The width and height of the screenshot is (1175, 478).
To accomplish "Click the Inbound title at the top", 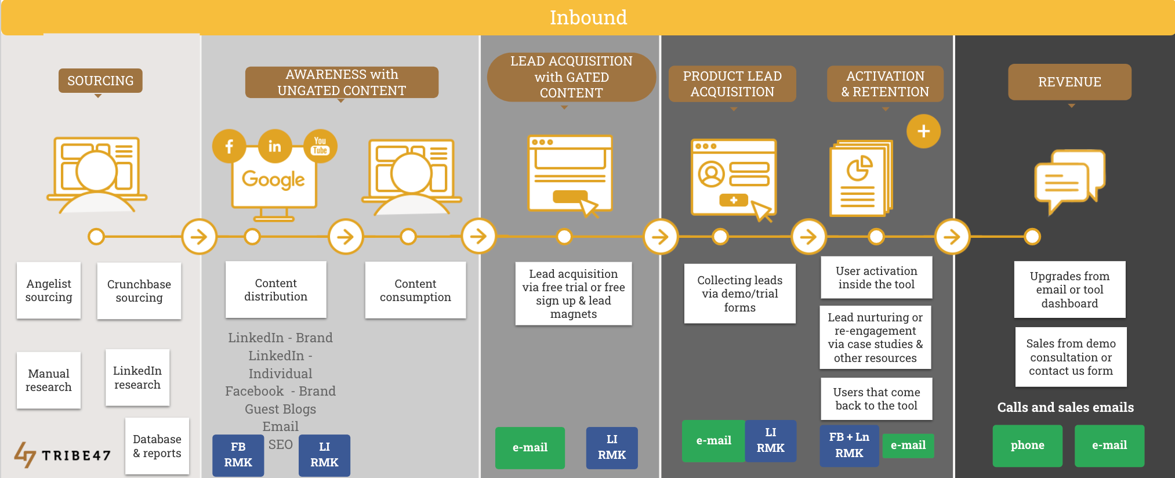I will (x=588, y=17).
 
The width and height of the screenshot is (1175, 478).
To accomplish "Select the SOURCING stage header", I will (x=100, y=81).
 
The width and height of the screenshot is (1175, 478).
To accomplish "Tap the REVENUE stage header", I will (x=1069, y=82).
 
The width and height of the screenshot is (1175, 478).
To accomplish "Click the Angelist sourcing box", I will (x=49, y=290).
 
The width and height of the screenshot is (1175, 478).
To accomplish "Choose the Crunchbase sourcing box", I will (x=139, y=291).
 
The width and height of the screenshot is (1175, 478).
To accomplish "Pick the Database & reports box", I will (x=157, y=446).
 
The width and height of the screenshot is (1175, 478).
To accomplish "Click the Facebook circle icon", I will (x=229, y=146).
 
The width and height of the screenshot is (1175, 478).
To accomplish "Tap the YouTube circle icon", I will (x=320, y=146).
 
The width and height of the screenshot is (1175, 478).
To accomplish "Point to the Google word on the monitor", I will (x=273, y=180).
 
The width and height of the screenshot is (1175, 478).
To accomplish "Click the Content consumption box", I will (x=415, y=290).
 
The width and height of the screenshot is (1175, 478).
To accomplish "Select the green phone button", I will (x=1027, y=446).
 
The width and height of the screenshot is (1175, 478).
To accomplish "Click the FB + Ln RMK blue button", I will (x=849, y=445).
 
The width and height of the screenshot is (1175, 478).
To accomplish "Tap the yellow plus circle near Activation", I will (x=923, y=131).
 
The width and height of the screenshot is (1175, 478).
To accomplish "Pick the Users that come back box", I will (x=876, y=399).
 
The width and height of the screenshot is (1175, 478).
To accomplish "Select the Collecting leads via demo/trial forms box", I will (x=739, y=294).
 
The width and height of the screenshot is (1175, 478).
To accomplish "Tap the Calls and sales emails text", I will (x=1065, y=407).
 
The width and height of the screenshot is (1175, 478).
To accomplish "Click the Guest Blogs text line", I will (x=280, y=409).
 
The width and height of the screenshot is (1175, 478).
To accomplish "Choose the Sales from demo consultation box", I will (x=1071, y=357).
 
